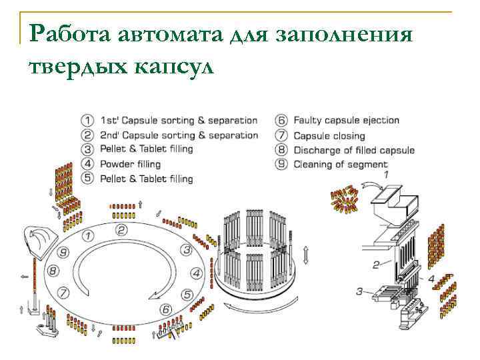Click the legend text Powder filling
pos(131,164)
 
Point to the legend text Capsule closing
pos(329,135)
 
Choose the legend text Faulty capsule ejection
pos(346,121)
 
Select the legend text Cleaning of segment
pos(340,165)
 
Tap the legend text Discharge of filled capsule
pos(354,150)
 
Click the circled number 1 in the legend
pos(87,121)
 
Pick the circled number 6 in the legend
pos(281,121)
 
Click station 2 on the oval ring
pos(121,230)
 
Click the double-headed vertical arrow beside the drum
pos(305,255)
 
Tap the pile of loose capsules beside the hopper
pos(346,201)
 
